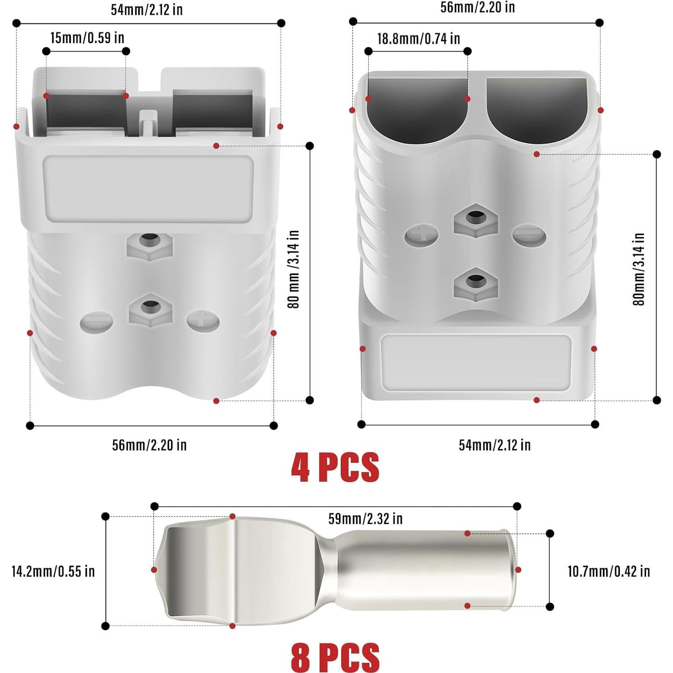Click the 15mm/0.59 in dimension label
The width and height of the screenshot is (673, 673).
[87, 38]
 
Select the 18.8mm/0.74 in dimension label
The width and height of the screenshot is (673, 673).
[418, 39]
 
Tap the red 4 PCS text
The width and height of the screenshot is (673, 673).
[335, 467]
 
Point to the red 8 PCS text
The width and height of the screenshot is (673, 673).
[335, 657]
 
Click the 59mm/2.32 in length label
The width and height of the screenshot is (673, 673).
[365, 519]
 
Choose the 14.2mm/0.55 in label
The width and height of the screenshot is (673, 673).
[53, 571]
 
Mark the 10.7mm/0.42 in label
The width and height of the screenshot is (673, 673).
[609, 571]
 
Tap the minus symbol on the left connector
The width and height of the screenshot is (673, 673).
[96, 322]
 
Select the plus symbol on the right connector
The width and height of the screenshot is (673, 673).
[421, 235]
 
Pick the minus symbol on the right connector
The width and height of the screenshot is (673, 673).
[529, 236]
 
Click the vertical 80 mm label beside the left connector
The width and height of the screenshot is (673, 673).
[294, 269]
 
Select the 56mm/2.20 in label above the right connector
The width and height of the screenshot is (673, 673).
[477, 8]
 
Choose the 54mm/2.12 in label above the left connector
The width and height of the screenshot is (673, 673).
[147, 9]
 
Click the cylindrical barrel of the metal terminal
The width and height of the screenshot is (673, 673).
[423, 569]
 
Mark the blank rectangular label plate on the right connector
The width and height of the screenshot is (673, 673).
[476, 362]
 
